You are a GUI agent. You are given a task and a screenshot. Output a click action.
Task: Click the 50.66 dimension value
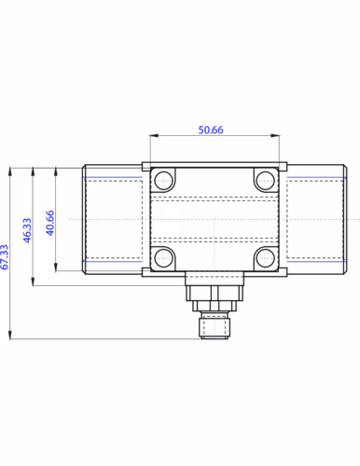pos(211,130)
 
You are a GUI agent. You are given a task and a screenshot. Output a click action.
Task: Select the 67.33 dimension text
pos(5,257)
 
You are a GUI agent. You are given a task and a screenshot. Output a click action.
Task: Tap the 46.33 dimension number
pos(27,230)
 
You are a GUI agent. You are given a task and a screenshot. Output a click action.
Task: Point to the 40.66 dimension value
pos(50,223)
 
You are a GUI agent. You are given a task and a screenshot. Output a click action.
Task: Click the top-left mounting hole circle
pos(163,181)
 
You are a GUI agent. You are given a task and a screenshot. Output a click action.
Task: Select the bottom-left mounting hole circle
pos(163,258)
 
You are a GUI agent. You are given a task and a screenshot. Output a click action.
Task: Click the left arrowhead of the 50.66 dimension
pos(154,135)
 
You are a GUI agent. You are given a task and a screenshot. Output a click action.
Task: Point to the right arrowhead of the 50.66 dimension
pos(275,135)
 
